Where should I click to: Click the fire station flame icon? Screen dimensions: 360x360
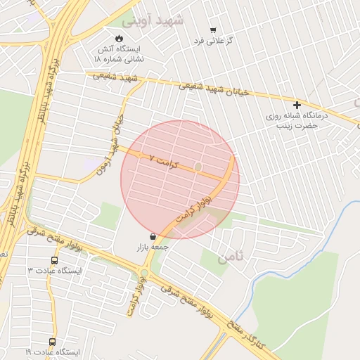click(119, 38)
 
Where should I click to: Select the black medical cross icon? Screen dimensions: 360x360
click(297, 105)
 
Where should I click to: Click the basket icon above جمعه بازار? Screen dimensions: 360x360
click(153, 238)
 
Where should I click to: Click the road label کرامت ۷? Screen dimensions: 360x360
click(165, 162)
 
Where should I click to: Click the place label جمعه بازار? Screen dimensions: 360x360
click(153, 249)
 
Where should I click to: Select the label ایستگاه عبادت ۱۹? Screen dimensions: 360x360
click(52, 352)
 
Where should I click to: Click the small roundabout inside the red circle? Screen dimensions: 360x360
click(198, 167)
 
